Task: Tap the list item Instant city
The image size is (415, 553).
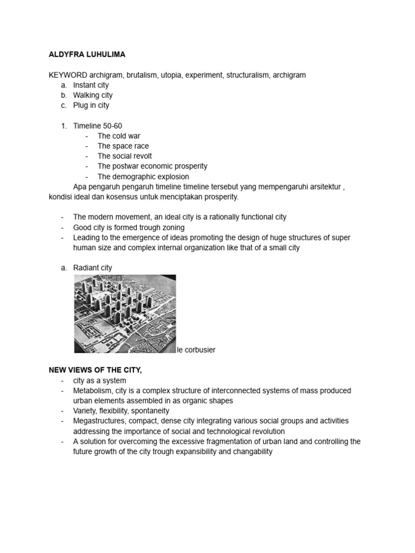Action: point(91,85)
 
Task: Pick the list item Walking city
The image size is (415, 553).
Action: point(92,95)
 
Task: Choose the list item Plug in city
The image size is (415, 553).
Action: point(91,105)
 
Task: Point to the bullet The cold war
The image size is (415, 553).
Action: point(118,136)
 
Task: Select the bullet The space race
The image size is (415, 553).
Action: point(123,146)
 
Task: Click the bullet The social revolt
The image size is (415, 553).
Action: point(124,156)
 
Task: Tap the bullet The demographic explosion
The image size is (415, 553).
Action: point(143,177)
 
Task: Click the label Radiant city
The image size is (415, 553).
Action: point(92,268)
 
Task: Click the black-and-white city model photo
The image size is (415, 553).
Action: point(125,314)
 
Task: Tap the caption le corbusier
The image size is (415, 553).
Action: point(196,350)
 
